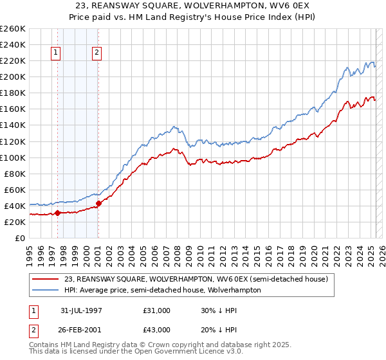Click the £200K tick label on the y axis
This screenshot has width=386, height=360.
pyautogui.click(x=12, y=76)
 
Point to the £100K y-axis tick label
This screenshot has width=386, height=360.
pyautogui.click(x=12, y=157)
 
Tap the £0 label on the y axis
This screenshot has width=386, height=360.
pyautogui.click(x=21, y=238)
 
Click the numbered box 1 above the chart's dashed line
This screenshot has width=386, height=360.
pyautogui.click(x=57, y=53)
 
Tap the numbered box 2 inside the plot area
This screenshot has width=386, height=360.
pyautogui.click(x=96, y=53)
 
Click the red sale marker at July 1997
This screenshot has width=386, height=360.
pyautogui.click(x=57, y=213)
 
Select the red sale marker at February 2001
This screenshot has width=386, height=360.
pyautogui.click(x=98, y=203)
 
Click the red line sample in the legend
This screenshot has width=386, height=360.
pyautogui.click(x=46, y=280)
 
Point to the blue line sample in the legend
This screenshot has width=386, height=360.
pyautogui.click(x=46, y=290)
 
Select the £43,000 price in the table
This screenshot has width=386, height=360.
pyautogui.click(x=157, y=329)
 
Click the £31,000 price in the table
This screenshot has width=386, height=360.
pyautogui.click(x=157, y=310)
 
